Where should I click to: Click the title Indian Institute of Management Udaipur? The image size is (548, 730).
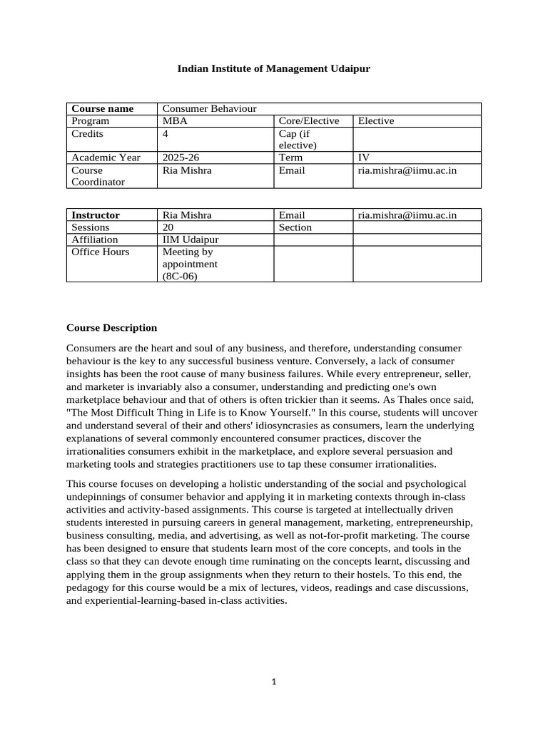coord(274,68)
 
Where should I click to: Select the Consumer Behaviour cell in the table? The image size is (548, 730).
coord(209,108)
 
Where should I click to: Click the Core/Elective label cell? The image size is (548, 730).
coord(309,121)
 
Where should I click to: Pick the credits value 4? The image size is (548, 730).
coord(166,134)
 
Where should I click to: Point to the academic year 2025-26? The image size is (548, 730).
coord(181,158)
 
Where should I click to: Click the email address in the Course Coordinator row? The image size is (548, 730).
coord(407,170)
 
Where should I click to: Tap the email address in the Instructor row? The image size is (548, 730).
coord(407,215)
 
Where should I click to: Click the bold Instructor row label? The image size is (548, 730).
coord(96,215)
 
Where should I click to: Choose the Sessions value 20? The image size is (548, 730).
coord(168,227)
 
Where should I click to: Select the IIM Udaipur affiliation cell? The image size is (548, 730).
coord(191,240)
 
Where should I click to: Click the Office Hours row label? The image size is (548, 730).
coord(101,252)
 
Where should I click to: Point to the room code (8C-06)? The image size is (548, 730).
coord(180,276)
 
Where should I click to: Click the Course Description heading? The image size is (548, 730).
coord(111,328)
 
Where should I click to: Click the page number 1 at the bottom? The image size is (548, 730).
coord(273,682)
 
